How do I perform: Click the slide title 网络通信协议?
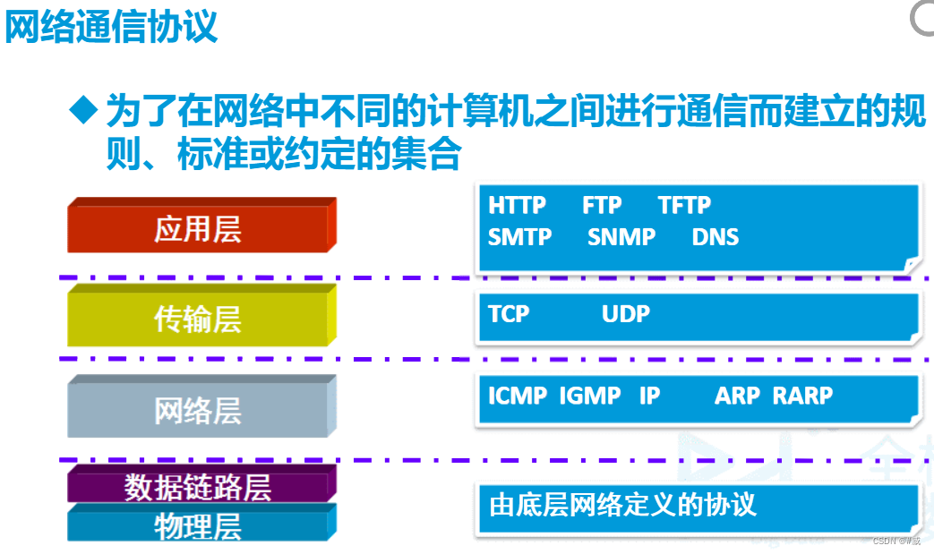pyautogui.click(x=111, y=26)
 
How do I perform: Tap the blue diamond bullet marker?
pyautogui.click(x=83, y=110)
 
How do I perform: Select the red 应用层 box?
pyautogui.click(x=198, y=229)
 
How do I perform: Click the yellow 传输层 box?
pyautogui.click(x=198, y=319)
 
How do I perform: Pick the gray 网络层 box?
pyautogui.click(x=198, y=411)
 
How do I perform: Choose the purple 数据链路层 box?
pyautogui.click(x=198, y=486)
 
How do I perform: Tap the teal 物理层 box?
pyautogui.click(x=198, y=525)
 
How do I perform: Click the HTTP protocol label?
pyautogui.click(x=517, y=205)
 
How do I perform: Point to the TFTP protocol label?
pyautogui.click(x=684, y=205)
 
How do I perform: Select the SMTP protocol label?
pyautogui.click(x=519, y=237)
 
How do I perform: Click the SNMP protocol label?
pyautogui.click(x=621, y=237)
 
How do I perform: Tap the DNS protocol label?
pyautogui.click(x=715, y=237)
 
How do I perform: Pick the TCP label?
pyautogui.click(x=509, y=314)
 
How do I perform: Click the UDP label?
pyautogui.click(x=626, y=314)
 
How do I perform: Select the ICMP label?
pyautogui.click(x=518, y=396)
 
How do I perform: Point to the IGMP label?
pyautogui.click(x=590, y=396)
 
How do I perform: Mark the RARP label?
pyautogui.click(x=802, y=396)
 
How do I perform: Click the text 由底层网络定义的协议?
pyautogui.click(x=622, y=504)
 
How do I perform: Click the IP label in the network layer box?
pyautogui.click(x=649, y=396)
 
